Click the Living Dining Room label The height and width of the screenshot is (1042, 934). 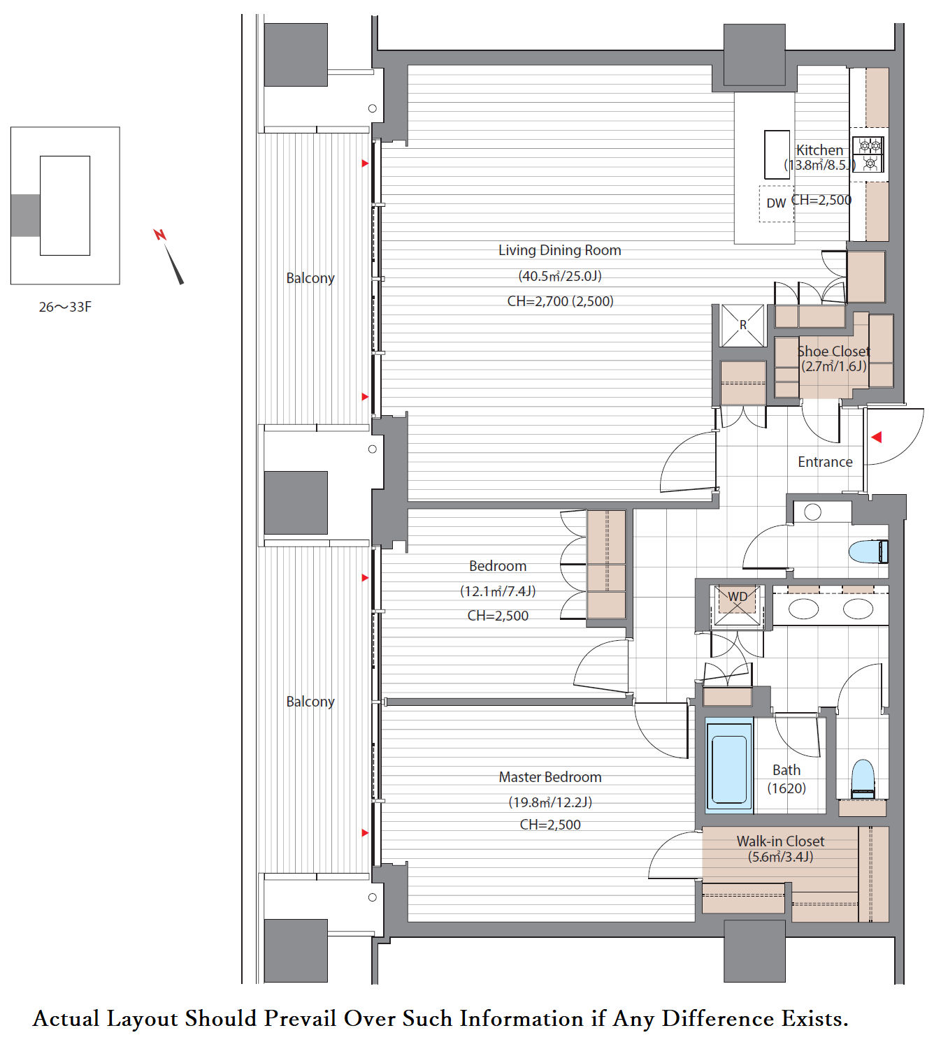tap(559, 250)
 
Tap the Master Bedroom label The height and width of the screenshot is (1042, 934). tap(549, 776)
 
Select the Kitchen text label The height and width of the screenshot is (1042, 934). tap(819, 150)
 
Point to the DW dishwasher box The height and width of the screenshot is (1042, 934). tap(776, 203)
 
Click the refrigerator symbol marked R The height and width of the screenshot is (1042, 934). tap(742, 326)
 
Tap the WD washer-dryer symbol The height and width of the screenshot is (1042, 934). tap(737, 605)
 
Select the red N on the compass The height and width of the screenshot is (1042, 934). tap(159, 235)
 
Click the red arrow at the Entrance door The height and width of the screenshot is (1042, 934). tap(877, 437)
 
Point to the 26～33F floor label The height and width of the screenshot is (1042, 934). tap(65, 307)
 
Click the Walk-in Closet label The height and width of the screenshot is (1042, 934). tap(780, 841)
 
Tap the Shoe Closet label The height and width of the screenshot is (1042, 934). tap(833, 352)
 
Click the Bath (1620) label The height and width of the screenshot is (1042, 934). tap(786, 779)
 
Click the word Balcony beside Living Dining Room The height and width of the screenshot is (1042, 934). tap(310, 278)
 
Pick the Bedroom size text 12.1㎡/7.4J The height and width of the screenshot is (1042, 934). tap(498, 591)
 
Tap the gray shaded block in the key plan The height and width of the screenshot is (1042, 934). tap(25, 215)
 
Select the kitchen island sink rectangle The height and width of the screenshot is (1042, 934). tap(777, 154)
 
